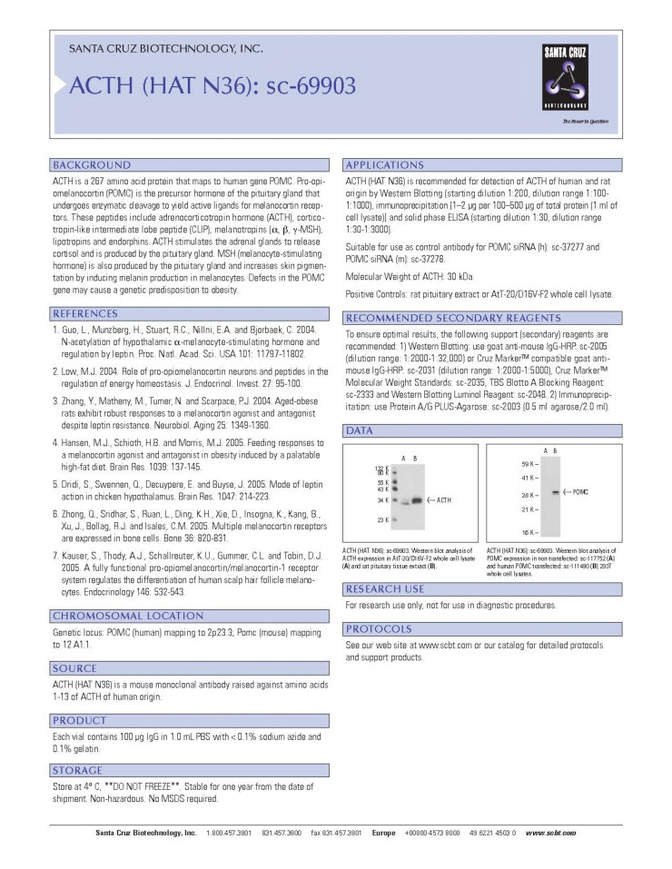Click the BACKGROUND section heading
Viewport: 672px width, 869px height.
pos(92,165)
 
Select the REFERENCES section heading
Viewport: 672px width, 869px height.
pos(92,313)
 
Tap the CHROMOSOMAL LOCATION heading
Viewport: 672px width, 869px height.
pos(127,616)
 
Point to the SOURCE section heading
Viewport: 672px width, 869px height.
pos(75,668)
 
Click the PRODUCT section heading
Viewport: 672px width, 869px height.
pos(80,720)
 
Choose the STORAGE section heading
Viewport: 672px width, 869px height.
pos(79,770)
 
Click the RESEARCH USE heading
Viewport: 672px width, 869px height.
pos(385,589)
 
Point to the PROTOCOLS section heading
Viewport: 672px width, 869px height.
pos(380,628)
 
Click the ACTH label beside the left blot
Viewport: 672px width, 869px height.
pos(440,499)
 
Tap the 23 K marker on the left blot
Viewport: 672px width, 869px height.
pos(382,519)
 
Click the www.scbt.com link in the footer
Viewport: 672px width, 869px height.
pos(550,832)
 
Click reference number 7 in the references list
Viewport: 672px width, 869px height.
pos(55,554)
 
